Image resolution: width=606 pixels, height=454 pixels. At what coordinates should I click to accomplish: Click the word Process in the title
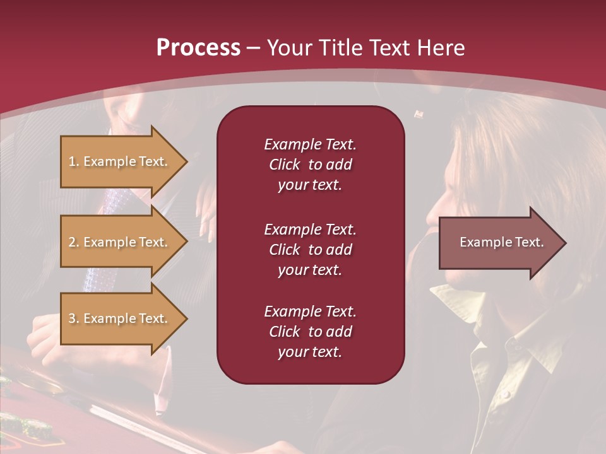point(198,48)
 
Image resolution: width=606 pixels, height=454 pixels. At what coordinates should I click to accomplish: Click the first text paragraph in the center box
point(310,165)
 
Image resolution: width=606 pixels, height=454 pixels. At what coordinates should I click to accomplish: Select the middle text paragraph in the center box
point(310,249)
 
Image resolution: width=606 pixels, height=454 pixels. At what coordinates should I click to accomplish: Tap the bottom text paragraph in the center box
point(310,332)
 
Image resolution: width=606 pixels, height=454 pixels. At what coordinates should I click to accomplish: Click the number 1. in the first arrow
point(74,161)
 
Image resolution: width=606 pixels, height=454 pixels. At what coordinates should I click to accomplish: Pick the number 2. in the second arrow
point(74,242)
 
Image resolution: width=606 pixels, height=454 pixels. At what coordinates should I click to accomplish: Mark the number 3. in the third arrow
point(74,318)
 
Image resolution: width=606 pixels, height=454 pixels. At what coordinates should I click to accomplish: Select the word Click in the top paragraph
point(284,165)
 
